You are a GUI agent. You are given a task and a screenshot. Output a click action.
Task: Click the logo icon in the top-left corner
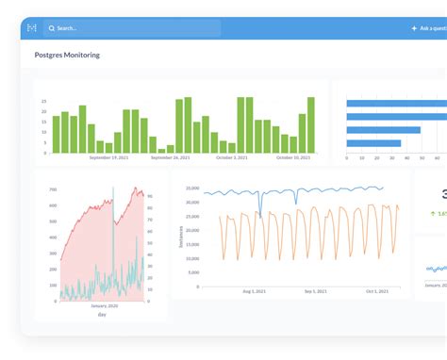[x=32, y=28]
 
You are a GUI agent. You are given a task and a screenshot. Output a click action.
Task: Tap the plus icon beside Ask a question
[x=414, y=28]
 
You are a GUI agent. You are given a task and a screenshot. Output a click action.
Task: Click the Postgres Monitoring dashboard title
[x=67, y=56]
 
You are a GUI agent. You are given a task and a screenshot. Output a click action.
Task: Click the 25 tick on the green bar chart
[x=43, y=101]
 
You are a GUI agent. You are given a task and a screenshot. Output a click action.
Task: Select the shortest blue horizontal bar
[x=373, y=143]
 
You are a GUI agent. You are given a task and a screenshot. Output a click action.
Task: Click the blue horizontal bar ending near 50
[x=383, y=130]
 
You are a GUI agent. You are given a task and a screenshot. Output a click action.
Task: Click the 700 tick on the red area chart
[x=53, y=190]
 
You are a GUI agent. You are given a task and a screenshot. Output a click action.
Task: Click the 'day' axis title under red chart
[x=102, y=314]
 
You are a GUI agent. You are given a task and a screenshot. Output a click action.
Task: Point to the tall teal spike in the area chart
[x=113, y=203]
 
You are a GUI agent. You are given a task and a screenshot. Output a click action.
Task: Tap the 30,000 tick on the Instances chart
[x=191, y=188]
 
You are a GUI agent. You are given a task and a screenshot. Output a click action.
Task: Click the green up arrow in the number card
[x=433, y=214]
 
